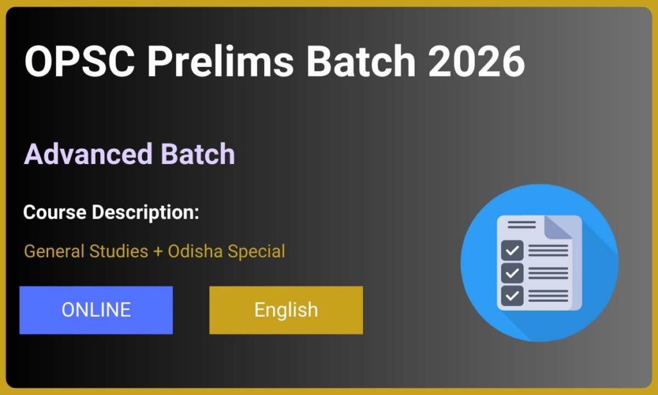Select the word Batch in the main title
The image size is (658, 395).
click(361, 62)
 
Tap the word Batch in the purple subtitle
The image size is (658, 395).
click(197, 154)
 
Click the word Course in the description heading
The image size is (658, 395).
click(54, 212)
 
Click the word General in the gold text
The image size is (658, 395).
click(51, 251)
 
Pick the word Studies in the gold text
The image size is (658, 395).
click(116, 251)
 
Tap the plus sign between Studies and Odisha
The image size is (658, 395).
click(158, 252)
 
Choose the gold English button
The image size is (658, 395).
click(286, 310)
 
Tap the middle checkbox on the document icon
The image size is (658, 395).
click(512, 272)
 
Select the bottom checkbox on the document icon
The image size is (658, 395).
click(512, 295)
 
